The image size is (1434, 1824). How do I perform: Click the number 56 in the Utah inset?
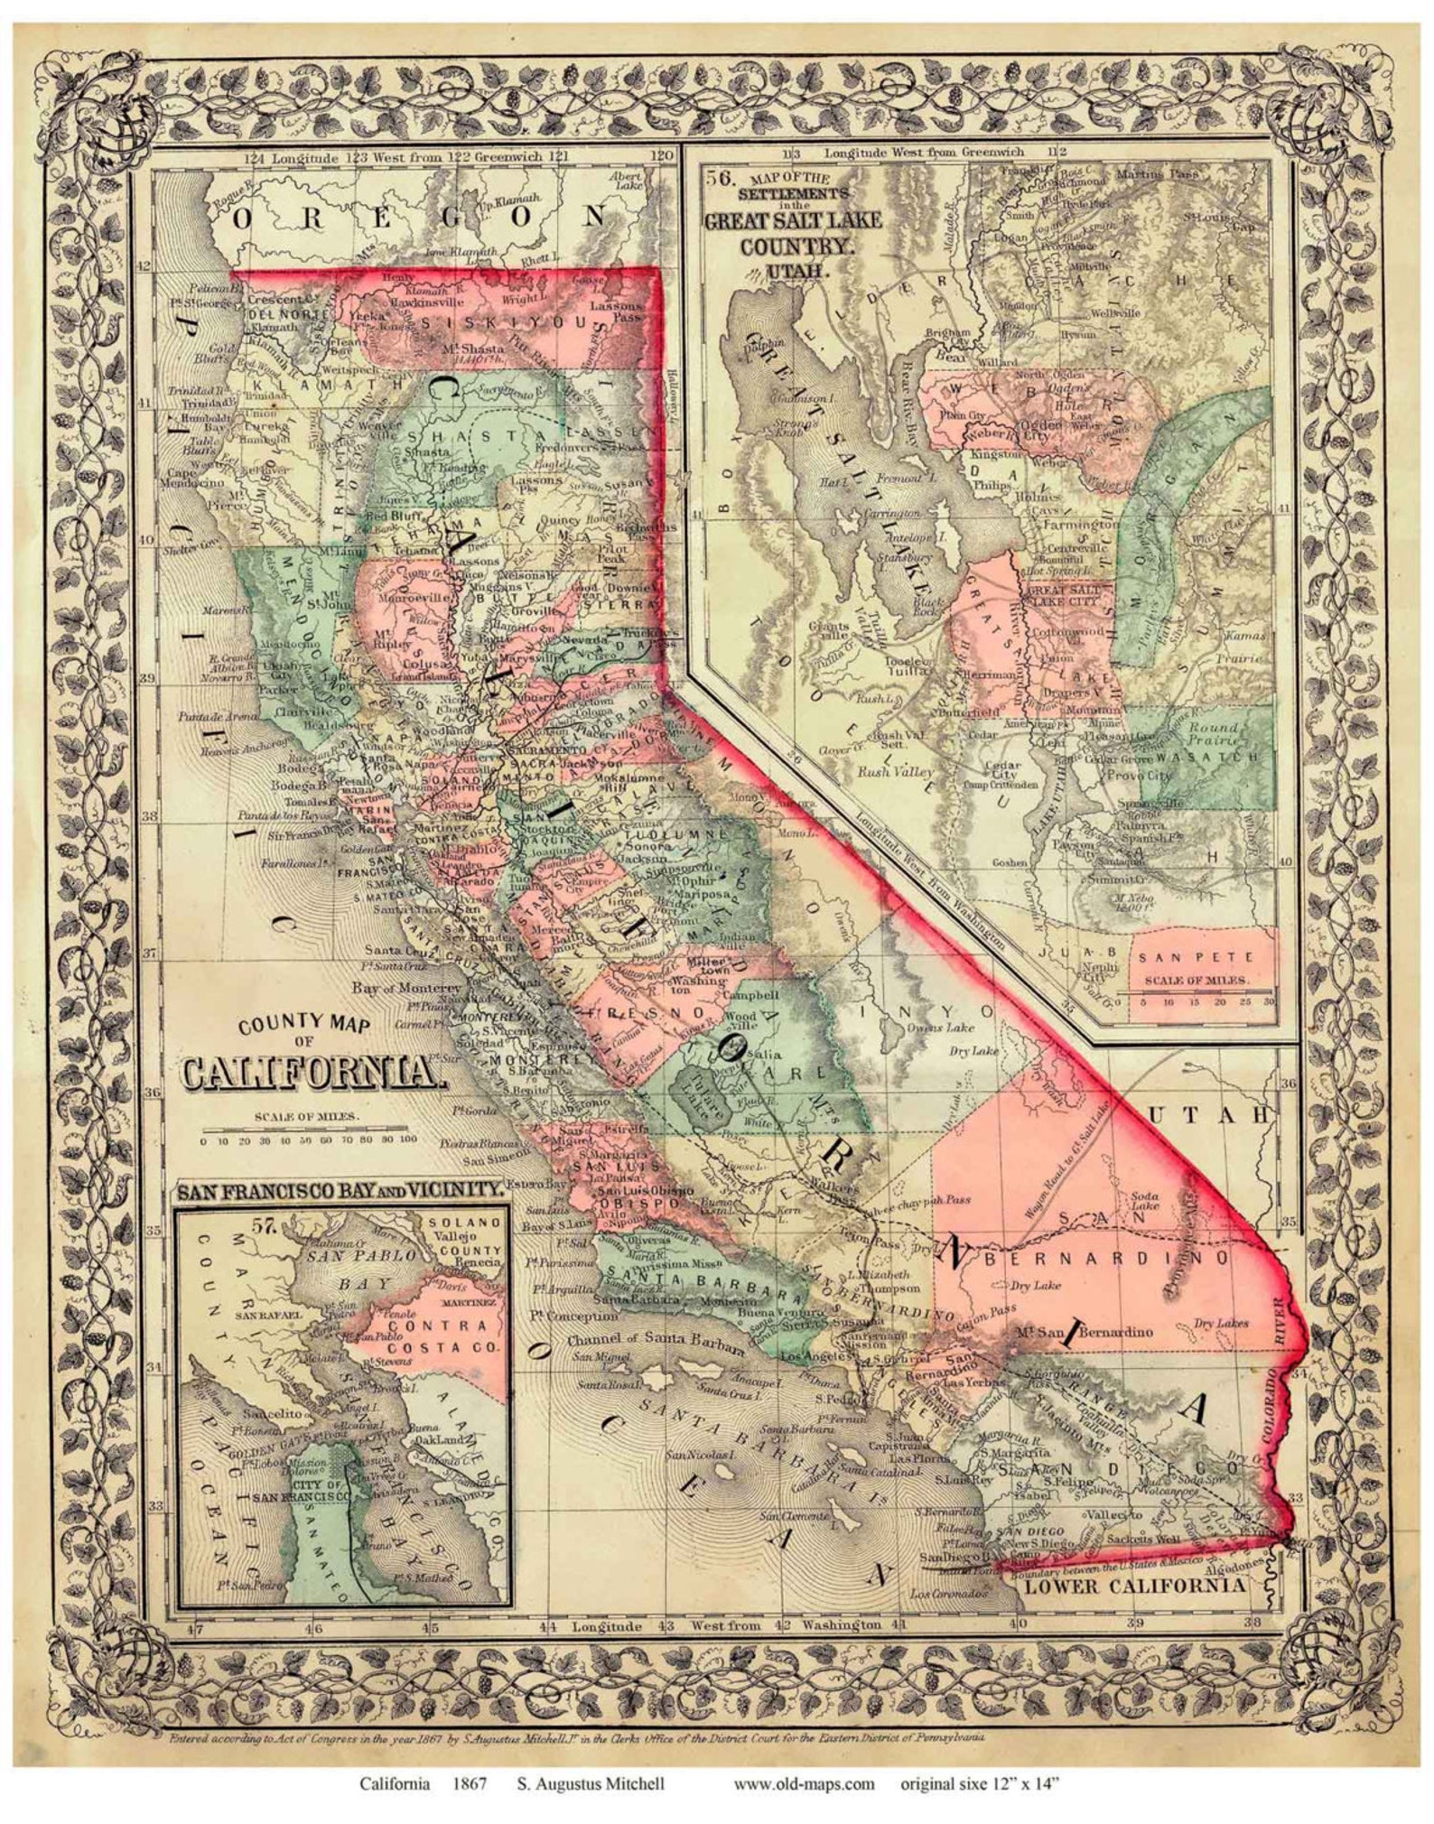pos(719,178)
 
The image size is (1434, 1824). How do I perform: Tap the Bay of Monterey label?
pos(395,987)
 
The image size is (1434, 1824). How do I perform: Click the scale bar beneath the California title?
pos(307,1129)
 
